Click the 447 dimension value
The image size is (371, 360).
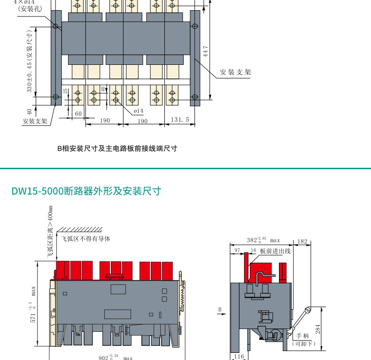pyautogui.click(x=205, y=51)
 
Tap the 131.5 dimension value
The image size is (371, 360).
pyautogui.click(x=180, y=120)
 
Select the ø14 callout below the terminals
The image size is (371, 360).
pyautogui.click(x=139, y=110)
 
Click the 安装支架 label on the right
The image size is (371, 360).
pyautogui.click(x=235, y=72)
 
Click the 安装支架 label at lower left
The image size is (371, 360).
pyautogui.click(x=35, y=121)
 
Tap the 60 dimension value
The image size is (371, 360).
pyautogui.click(x=78, y=114)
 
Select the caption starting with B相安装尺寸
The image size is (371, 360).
pyautogui.click(x=117, y=149)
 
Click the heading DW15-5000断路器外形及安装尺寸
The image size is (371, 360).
pyautogui.click(x=86, y=191)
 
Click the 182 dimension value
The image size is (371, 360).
pyautogui.click(x=302, y=242)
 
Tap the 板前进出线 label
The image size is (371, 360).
pyautogui.click(x=275, y=251)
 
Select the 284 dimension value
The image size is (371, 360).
pyautogui.click(x=318, y=329)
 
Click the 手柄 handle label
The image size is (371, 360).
pyautogui.click(x=303, y=336)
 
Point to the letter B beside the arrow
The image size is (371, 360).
pyautogui.click(x=219, y=309)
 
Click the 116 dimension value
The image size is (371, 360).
pyautogui.click(x=239, y=357)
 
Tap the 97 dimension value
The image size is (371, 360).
pyautogui.click(x=237, y=251)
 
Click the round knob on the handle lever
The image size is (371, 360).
pyautogui.click(x=308, y=310)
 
